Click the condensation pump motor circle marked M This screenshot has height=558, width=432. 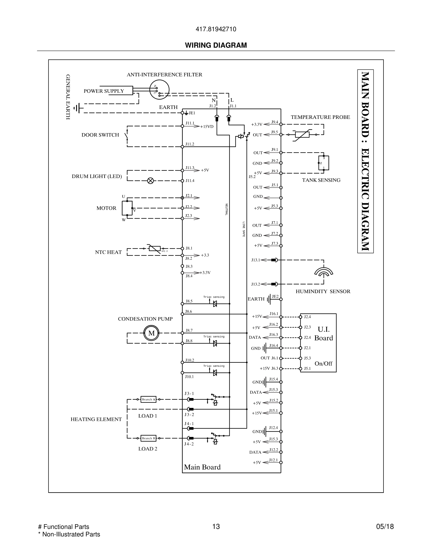[151, 333]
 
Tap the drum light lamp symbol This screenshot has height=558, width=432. [151, 181]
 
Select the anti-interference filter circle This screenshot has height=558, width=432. [159, 90]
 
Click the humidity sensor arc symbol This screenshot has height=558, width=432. [324, 273]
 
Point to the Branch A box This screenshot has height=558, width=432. [148, 399]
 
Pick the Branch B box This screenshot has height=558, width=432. [148, 438]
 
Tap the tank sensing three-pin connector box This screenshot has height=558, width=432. [324, 163]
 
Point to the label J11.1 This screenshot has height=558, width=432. [190, 123]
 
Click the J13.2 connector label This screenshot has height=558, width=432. [256, 284]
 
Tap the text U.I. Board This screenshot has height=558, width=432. [324, 333]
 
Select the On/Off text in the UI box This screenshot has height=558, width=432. [323, 363]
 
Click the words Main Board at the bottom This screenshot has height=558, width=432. [202, 467]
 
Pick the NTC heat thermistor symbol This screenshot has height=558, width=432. [155, 248]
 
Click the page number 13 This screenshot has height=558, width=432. [216, 527]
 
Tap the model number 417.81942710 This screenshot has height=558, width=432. [216, 29]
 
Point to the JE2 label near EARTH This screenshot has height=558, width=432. [275, 296]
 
